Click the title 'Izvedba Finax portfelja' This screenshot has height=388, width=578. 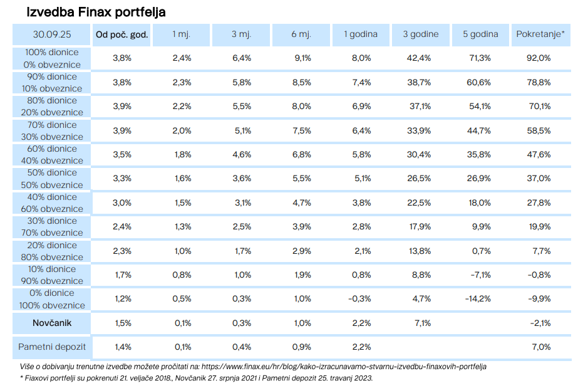pos(96,12)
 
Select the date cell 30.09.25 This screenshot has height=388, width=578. pos(51,34)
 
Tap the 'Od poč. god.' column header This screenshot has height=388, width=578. pos(121,34)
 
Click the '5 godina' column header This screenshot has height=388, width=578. pos(480,34)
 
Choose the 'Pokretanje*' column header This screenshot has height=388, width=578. pos(540,34)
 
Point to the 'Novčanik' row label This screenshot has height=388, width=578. pos(52,323)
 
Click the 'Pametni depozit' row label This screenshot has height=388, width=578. pos(51,347)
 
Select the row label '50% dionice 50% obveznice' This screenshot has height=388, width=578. pos(52,179)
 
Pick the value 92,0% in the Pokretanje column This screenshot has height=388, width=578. pos(539,58)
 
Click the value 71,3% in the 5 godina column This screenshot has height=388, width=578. pos(480,58)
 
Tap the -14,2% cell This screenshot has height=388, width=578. pos(478,299)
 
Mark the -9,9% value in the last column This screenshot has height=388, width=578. pos(539,299)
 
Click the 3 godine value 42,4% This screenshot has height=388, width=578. pos(419,58)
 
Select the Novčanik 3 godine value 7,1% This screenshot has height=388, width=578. pos(423,323)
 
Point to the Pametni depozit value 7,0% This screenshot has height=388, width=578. pos(541,347)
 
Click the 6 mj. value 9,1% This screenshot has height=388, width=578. pos(302,58)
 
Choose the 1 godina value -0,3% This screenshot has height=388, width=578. pos(359,299)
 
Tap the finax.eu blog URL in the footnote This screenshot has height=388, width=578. pos(344,367)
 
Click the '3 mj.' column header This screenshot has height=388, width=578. pos(241,34)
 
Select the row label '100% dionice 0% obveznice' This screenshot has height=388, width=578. pos(52,58)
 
